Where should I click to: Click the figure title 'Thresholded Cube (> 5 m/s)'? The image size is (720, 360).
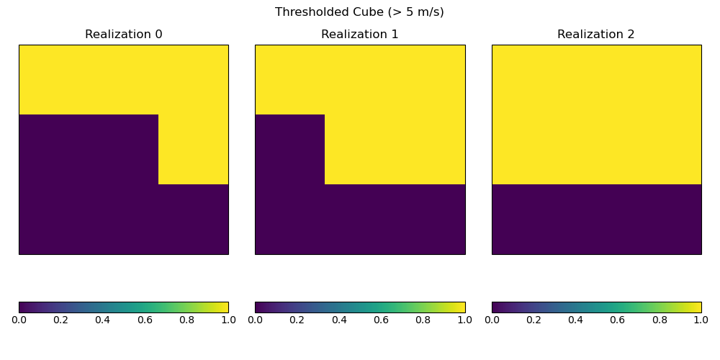(359, 12)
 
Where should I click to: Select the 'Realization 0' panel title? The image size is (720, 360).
(124, 35)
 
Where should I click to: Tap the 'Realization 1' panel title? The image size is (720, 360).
(360, 35)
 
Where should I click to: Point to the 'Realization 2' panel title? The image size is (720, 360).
(596, 35)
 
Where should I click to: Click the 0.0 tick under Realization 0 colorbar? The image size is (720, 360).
(19, 320)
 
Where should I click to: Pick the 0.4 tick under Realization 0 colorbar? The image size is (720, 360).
(103, 320)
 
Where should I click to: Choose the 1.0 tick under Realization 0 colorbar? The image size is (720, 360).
(228, 320)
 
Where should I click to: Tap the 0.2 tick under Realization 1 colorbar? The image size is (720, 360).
(297, 320)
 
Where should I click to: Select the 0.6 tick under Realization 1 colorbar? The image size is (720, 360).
(381, 320)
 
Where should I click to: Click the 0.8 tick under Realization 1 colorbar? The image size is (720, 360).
(423, 320)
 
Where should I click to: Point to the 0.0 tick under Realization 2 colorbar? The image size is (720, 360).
(492, 320)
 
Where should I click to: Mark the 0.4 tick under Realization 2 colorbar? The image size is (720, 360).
(575, 320)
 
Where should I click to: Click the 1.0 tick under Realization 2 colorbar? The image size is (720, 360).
(701, 320)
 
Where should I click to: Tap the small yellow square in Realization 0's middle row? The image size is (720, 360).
(193, 149)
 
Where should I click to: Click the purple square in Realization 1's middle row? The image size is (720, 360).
(290, 149)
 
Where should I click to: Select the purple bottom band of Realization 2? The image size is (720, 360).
(596, 219)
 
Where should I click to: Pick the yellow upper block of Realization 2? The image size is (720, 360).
(596, 114)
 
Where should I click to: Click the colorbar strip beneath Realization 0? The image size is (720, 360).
(124, 307)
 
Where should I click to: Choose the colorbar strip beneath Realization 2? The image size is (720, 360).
(596, 307)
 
